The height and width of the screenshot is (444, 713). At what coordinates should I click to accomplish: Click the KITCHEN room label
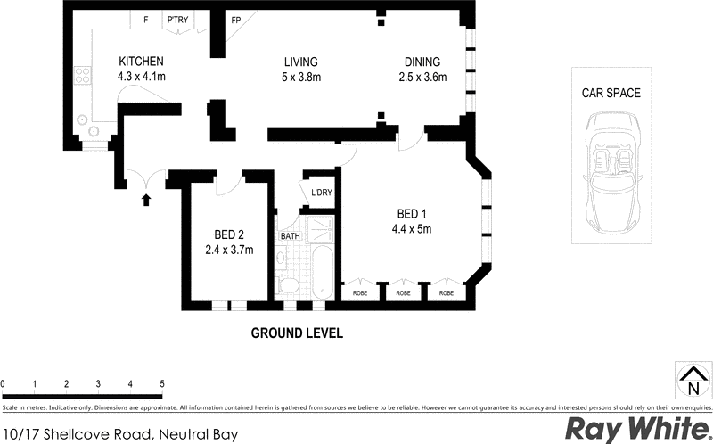pos(141,62)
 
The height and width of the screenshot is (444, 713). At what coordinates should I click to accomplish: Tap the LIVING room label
pos(301,62)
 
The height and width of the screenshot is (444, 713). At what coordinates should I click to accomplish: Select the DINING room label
pos(422,62)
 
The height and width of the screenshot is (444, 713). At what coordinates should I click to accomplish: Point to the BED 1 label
pos(414,214)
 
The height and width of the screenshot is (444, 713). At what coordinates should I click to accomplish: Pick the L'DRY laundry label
pos(320,193)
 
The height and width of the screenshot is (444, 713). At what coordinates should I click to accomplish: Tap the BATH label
pos(291,237)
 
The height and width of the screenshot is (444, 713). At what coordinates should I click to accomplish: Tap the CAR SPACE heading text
pos(611,93)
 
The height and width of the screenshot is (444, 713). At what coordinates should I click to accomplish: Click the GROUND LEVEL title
pos(297,333)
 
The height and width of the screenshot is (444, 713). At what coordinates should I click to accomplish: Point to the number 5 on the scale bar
pos(162,384)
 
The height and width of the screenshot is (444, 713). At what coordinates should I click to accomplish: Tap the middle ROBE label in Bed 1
pos(403,292)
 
